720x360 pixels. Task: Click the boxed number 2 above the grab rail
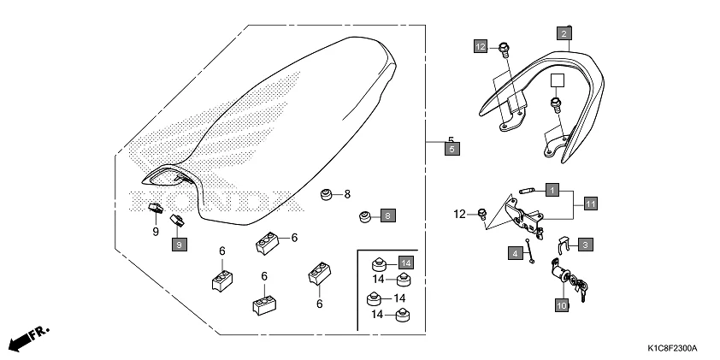(x=564, y=34)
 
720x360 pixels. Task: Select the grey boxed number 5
(x=452, y=149)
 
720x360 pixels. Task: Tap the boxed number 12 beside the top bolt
(x=481, y=45)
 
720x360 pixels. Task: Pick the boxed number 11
(x=590, y=203)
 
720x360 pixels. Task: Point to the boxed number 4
(x=516, y=253)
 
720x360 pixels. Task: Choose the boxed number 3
(x=586, y=245)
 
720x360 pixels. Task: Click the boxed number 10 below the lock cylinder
(x=562, y=304)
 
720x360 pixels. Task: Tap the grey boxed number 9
(x=179, y=245)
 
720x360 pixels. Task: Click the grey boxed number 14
(x=405, y=263)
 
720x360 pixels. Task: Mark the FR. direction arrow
(x=29, y=338)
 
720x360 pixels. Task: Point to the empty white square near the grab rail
(x=558, y=82)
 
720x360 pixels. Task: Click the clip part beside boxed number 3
(x=563, y=244)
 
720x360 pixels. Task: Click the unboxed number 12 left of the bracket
(x=461, y=213)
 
